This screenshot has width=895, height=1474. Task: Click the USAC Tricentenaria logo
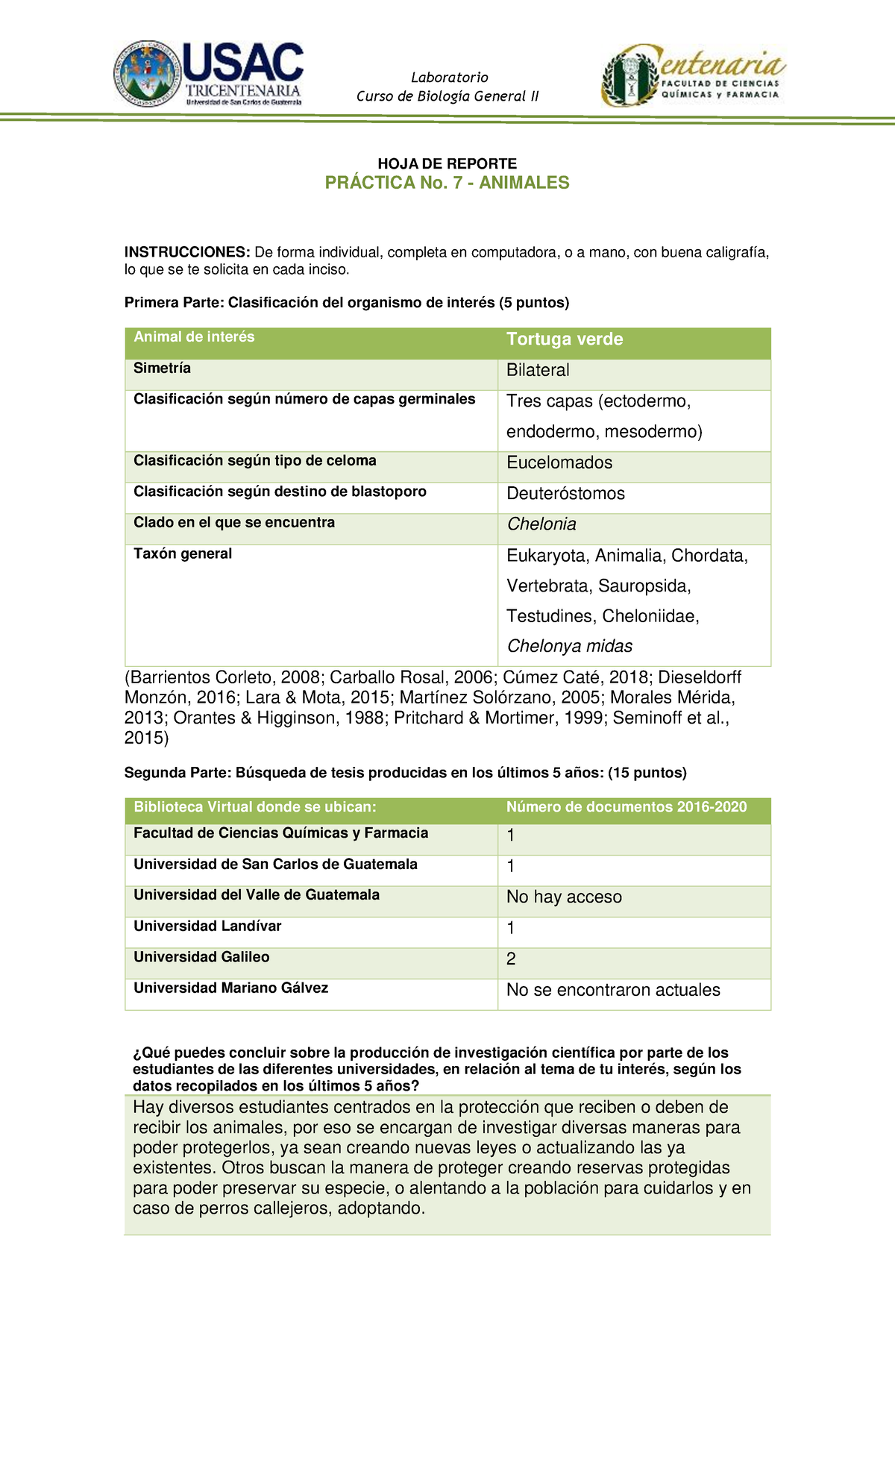point(209,74)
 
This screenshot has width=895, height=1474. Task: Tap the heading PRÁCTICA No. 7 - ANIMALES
point(447,183)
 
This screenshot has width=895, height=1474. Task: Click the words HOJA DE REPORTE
point(447,163)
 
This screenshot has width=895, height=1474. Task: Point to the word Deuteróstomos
point(565,493)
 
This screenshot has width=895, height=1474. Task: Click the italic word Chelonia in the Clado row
point(541,524)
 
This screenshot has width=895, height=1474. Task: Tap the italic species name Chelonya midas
point(569,646)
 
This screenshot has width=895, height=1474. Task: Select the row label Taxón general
point(183,553)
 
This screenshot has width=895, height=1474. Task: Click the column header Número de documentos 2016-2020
point(626,807)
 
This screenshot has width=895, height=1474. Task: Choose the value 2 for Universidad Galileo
point(511,959)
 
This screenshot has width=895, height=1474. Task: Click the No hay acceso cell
point(564,897)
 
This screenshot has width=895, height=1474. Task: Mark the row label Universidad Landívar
point(207,926)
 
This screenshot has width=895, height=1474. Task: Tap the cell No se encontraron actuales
point(613,990)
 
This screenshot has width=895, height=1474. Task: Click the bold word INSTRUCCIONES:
point(187,252)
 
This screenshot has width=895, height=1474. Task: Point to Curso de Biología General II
point(447,96)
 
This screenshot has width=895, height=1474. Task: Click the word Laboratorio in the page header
point(450,78)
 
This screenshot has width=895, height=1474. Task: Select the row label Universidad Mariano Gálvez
point(230,988)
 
